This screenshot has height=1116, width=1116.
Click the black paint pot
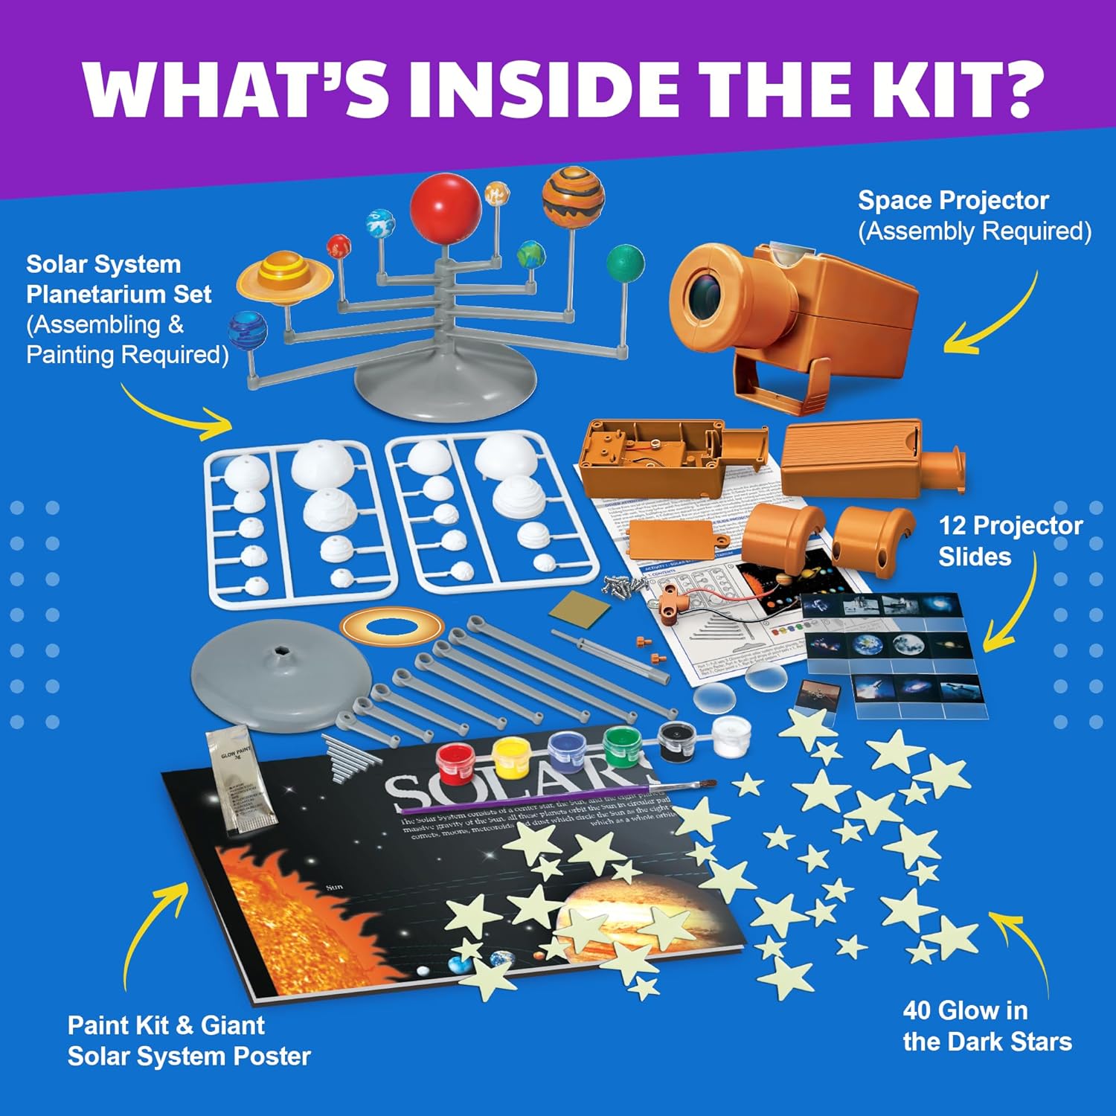coord(677,740)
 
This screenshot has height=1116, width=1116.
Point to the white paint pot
coord(731,734)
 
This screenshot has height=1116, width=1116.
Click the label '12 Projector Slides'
coord(1009,541)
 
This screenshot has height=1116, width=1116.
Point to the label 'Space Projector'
coord(953,200)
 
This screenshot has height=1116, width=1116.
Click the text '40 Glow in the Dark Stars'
coord(987,1026)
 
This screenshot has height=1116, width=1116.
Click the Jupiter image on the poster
coord(625,915)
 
